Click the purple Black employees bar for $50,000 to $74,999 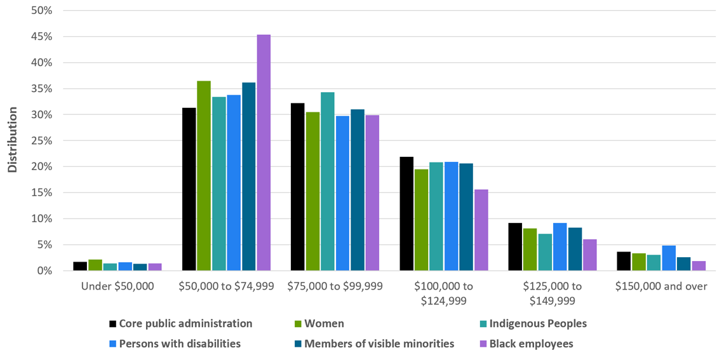pyautogui.click(x=264, y=152)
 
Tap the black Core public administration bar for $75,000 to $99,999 pyautogui.click(x=297, y=187)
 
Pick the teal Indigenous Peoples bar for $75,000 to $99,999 pyautogui.click(x=328, y=182)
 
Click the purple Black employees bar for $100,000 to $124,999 pyautogui.click(x=481, y=230)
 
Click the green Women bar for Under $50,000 pyautogui.click(x=95, y=265)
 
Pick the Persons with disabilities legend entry pyautogui.click(x=180, y=344)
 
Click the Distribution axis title pyautogui.click(x=12, y=140)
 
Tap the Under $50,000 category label pyautogui.click(x=117, y=286)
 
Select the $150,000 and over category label pyautogui.click(x=661, y=286)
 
